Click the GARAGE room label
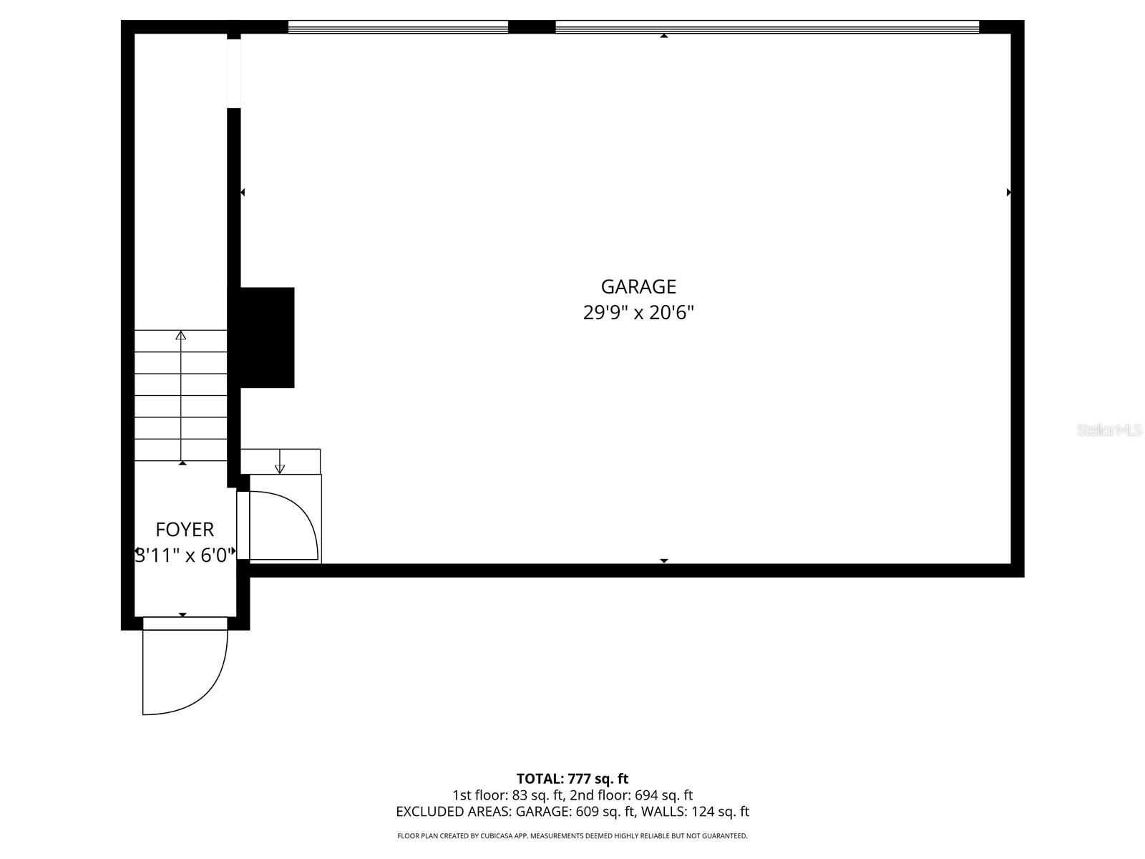tap(638, 287)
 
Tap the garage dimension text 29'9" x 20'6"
tap(638, 313)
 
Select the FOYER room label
tap(185, 530)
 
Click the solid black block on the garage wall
tap(267, 337)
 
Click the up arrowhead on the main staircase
tap(181, 335)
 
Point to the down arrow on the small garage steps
tap(280, 462)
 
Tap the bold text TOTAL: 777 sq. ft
tap(572, 779)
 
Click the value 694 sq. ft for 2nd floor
tap(663, 795)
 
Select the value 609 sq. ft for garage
tap(605, 812)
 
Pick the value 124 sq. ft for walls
tap(720, 812)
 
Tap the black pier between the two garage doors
tap(532, 26)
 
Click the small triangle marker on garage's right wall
tap(1009, 193)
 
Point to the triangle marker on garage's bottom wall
tap(664, 560)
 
